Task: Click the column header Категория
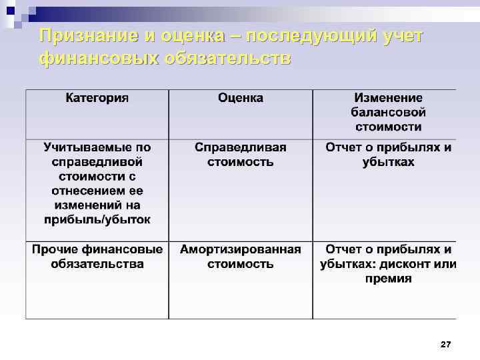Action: (97, 98)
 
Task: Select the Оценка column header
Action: (241, 98)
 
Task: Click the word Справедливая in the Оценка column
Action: (241, 147)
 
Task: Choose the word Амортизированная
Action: (241, 249)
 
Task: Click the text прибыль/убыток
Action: (97, 219)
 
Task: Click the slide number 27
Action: (446, 344)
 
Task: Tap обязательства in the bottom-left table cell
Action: (97, 264)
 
